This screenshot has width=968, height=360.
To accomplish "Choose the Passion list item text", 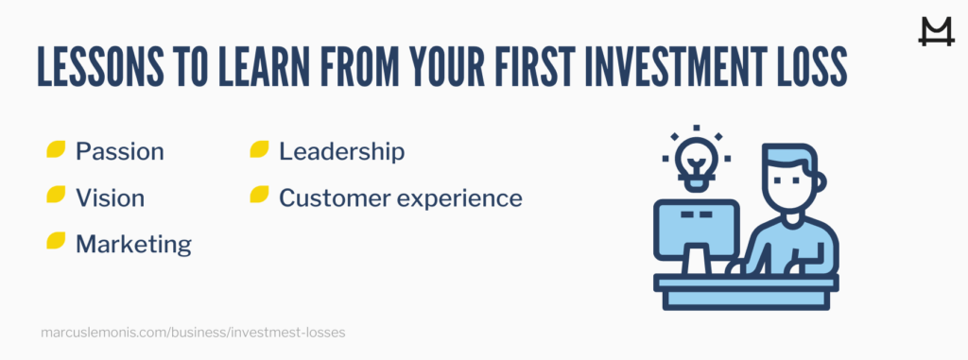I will click(x=119, y=151).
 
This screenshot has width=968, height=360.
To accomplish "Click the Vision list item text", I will click(x=110, y=197).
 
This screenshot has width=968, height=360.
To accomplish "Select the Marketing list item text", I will click(x=133, y=244).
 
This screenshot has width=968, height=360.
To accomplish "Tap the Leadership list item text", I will click(x=341, y=151).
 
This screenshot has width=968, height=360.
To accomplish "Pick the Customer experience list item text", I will click(x=400, y=197).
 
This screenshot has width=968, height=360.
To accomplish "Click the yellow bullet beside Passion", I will click(x=56, y=150).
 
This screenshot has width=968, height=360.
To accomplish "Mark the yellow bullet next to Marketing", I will click(x=56, y=243).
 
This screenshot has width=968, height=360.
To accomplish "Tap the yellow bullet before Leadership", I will click(x=259, y=150).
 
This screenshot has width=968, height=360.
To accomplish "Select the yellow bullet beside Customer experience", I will click(x=259, y=197).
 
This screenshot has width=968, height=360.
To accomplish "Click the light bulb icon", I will click(x=696, y=156).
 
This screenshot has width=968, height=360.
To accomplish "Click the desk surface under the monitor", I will click(x=747, y=283).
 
